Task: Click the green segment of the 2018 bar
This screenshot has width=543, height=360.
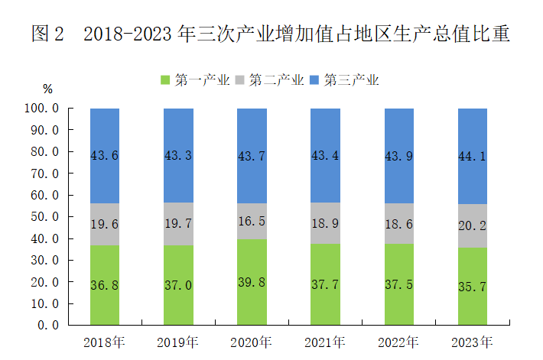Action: [x=105, y=284]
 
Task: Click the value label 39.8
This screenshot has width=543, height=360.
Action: [x=252, y=283]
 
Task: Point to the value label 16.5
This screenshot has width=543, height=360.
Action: [x=252, y=222]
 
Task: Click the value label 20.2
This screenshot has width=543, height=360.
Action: [x=472, y=225]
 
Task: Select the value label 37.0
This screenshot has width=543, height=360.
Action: [x=178, y=285]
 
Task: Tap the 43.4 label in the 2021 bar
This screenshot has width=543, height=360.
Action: [x=325, y=155]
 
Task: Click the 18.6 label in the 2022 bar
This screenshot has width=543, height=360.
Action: [x=398, y=222]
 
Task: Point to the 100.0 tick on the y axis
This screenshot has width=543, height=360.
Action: [x=42, y=109]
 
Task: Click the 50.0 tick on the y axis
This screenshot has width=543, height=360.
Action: [x=45, y=217]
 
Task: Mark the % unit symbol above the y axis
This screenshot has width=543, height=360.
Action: [x=47, y=89]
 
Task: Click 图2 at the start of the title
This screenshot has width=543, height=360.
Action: [x=48, y=34]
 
